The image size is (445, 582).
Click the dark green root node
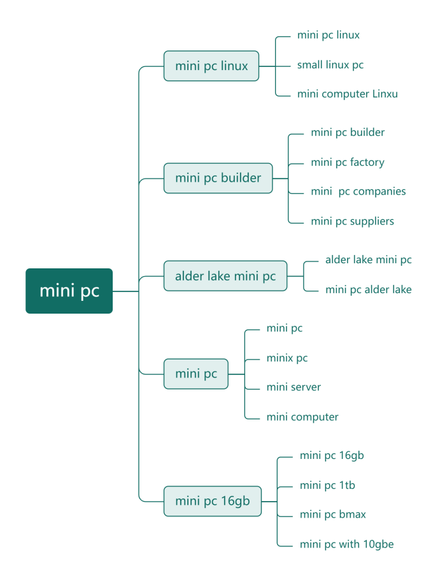pyautogui.click(x=69, y=291)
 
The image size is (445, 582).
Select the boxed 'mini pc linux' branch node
pyautogui.click(x=211, y=66)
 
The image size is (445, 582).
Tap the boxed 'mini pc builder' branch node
pyautogui.click(x=218, y=178)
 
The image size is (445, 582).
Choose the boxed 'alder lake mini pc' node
pyautogui.click(x=225, y=276)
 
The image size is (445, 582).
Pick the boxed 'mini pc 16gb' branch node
pyautogui.click(x=212, y=501)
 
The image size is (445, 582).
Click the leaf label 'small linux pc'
pyautogui.click(x=330, y=65)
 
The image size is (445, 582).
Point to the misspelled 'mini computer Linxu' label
pyautogui.click(x=347, y=94)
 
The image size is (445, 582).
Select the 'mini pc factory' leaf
pyautogui.click(x=348, y=163)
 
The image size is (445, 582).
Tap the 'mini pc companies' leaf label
pyautogui.click(x=358, y=192)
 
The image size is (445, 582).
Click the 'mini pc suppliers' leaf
pyautogui.click(x=352, y=222)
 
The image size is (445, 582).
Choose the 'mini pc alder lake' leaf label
pyautogui.click(x=368, y=289)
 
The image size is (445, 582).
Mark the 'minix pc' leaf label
pyautogui.click(x=287, y=358)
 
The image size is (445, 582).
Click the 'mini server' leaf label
pyautogui.click(x=293, y=388)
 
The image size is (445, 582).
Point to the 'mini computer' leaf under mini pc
pyautogui.click(x=302, y=418)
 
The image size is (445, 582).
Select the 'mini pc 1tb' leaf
pyautogui.click(x=327, y=486)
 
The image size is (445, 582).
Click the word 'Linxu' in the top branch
pyautogui.click(x=385, y=94)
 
